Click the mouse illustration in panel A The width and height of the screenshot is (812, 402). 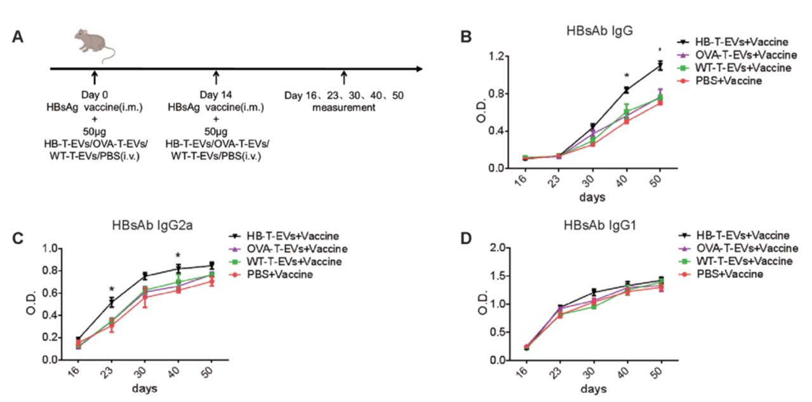tap(94, 44)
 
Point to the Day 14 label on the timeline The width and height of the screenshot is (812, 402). tap(216, 95)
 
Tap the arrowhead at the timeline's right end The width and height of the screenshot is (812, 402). tap(420, 69)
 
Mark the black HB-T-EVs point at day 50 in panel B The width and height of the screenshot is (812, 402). tap(660, 65)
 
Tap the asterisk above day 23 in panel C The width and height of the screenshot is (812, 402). tap(112, 289)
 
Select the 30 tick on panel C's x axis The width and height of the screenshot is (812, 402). tap(144, 371)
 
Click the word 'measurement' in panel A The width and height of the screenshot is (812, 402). tap(343, 108)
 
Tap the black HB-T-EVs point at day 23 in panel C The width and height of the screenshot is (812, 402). tap(112, 302)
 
